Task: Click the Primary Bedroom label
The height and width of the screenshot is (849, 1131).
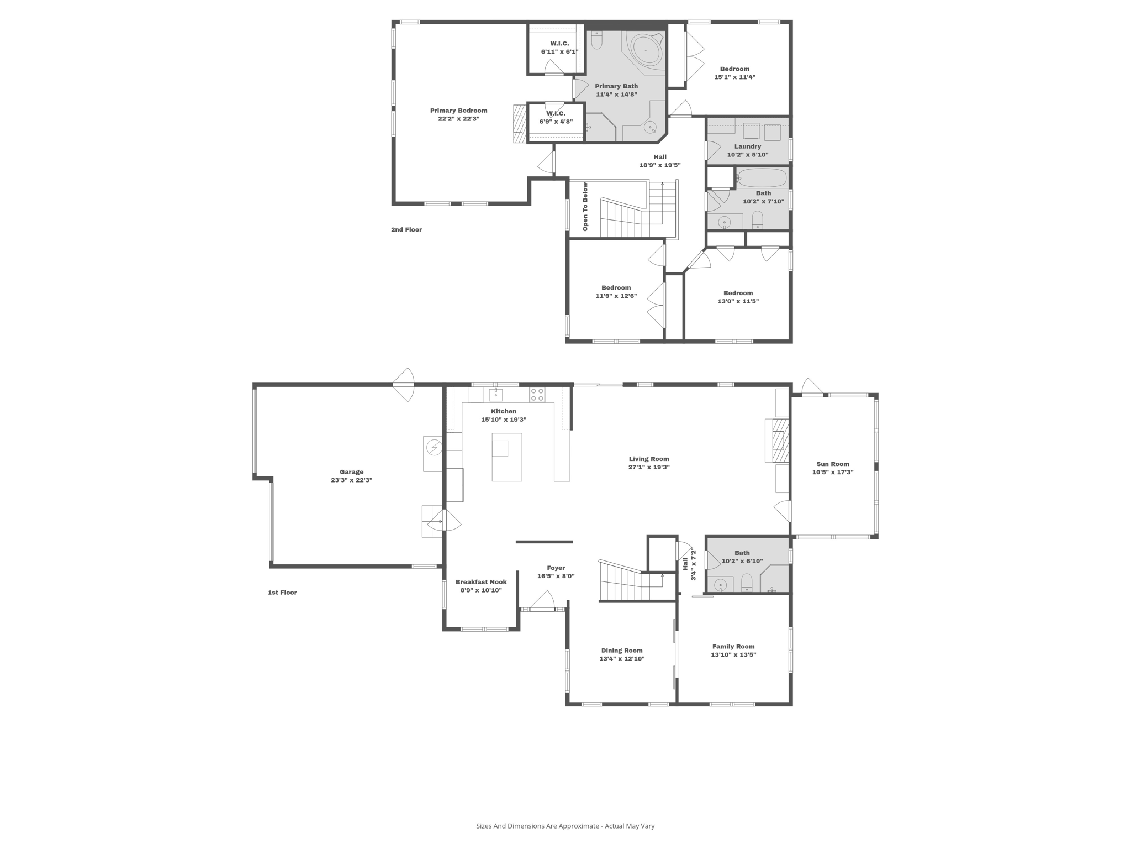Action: (x=458, y=111)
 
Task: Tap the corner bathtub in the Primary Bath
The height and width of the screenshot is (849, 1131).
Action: (x=646, y=51)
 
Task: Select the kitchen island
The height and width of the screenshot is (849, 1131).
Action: (x=506, y=457)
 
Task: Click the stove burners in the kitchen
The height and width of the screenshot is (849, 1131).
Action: (x=537, y=395)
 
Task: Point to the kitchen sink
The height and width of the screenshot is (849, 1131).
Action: (x=495, y=395)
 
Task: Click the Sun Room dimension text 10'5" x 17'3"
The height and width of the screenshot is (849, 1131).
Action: (x=832, y=472)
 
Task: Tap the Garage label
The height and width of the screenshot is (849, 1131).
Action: (x=351, y=471)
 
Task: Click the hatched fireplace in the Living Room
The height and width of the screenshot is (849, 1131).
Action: (x=779, y=440)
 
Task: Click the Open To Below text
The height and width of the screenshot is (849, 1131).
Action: (x=585, y=207)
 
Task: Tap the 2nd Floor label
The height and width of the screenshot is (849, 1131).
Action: (x=406, y=229)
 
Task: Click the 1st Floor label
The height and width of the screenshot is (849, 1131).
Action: (x=282, y=592)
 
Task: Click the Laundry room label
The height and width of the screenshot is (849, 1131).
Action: (x=748, y=146)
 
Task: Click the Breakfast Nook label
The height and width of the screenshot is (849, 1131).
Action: (x=480, y=581)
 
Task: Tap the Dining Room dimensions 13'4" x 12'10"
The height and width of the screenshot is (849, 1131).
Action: (x=622, y=658)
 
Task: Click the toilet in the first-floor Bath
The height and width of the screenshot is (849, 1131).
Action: (x=747, y=581)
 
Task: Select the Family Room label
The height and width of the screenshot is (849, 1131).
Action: (x=733, y=646)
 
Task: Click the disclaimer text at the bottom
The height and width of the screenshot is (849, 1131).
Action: (x=565, y=826)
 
